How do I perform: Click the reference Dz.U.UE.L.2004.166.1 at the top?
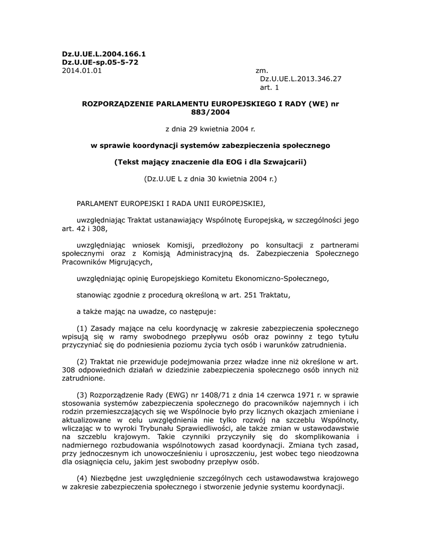click(x=104, y=54)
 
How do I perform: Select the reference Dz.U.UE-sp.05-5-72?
click(x=100, y=62)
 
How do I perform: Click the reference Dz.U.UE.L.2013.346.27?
click(x=301, y=78)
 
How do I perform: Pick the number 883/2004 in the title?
click(x=210, y=112)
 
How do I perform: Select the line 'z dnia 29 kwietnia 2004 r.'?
click(x=210, y=128)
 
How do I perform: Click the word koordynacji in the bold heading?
click(x=158, y=145)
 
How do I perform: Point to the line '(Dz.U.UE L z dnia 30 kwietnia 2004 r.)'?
click(x=210, y=179)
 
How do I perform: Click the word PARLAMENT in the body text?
click(x=99, y=203)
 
